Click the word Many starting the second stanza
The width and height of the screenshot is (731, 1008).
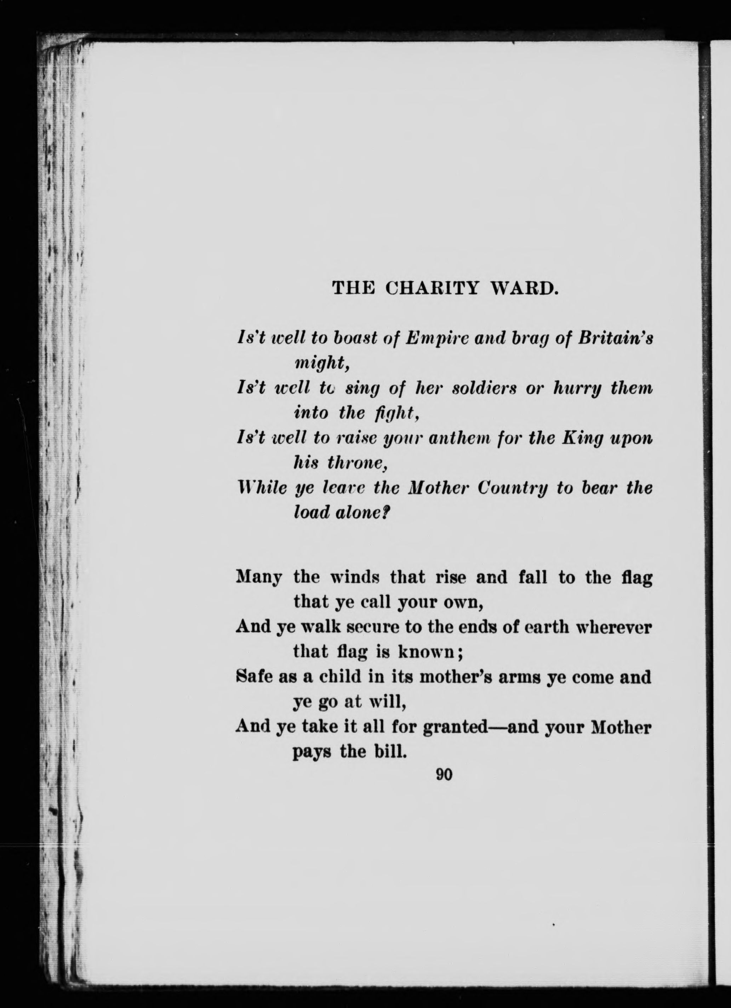[x=258, y=578]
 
